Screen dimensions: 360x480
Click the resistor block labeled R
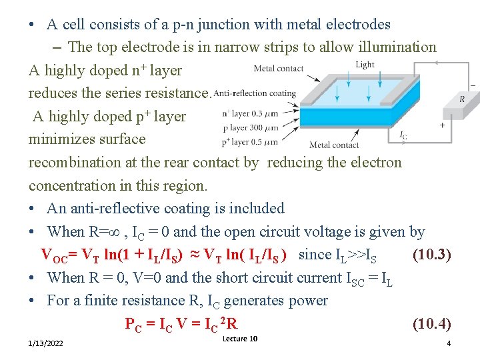(462, 99)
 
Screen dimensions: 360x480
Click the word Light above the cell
(365, 65)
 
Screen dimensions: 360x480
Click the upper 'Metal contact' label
(279, 68)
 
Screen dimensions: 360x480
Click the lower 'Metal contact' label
(334, 145)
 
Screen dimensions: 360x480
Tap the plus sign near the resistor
(442, 125)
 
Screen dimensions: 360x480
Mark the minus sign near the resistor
(473, 85)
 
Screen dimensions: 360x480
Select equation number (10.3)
(432, 255)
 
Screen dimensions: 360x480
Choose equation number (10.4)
(432, 325)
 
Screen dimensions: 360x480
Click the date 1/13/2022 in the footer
(46, 343)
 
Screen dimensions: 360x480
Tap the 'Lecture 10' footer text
(240, 339)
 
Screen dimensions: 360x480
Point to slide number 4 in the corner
(449, 343)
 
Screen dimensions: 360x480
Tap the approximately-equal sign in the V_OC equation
(191, 255)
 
